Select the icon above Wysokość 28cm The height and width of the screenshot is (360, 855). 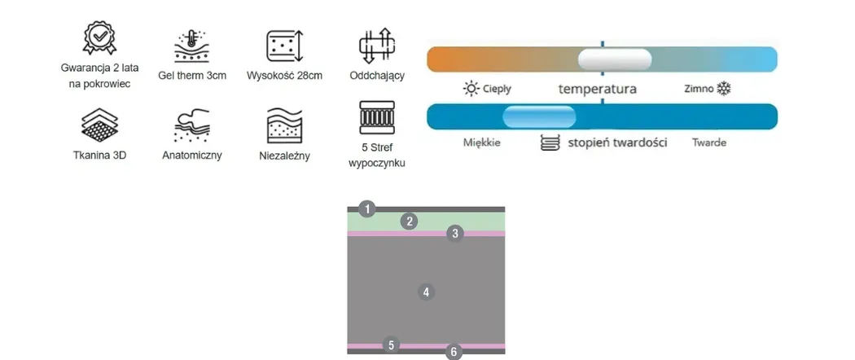click(x=284, y=47)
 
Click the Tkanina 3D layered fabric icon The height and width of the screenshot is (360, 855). click(x=100, y=125)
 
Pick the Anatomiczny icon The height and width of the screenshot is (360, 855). click(x=192, y=126)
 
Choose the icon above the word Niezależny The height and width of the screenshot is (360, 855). click(x=284, y=125)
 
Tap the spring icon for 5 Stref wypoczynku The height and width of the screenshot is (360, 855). click(x=376, y=118)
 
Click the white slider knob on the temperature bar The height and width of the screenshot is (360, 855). click(x=615, y=59)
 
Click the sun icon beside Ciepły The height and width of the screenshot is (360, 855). click(x=471, y=88)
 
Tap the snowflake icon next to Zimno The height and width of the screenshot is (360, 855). click(x=724, y=88)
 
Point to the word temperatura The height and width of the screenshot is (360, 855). click(x=597, y=89)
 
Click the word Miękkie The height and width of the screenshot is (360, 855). click(x=481, y=143)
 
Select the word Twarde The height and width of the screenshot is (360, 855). click(x=708, y=143)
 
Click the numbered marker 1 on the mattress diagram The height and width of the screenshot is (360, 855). click(x=368, y=209)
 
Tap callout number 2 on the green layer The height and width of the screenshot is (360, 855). click(x=410, y=221)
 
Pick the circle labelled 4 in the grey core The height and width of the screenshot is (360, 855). click(x=426, y=291)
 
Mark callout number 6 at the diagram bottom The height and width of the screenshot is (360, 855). click(x=454, y=352)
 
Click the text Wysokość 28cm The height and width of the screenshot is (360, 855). click(x=284, y=76)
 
